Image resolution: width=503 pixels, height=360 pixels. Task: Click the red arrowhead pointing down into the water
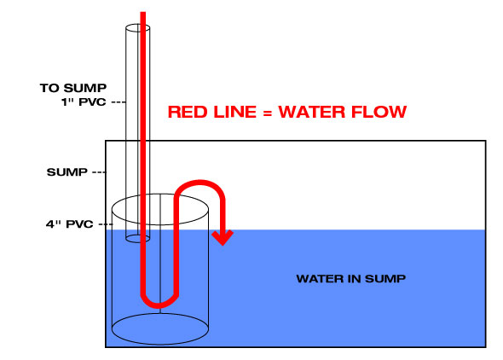[x=223, y=238]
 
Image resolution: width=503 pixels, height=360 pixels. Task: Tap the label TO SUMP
[x=73, y=88]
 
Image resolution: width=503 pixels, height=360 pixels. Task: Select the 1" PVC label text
[x=84, y=102]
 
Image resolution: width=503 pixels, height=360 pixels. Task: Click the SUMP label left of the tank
[x=67, y=172]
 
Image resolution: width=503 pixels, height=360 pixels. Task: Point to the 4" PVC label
[x=70, y=224]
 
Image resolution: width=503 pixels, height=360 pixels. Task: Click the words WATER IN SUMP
[x=351, y=278]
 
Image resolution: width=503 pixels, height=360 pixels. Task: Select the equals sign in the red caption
[x=267, y=113]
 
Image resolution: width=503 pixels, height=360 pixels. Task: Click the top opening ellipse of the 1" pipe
[x=137, y=24]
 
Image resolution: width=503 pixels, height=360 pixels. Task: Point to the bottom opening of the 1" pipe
[x=137, y=242]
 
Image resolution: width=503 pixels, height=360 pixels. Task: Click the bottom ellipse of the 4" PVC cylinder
[x=160, y=345]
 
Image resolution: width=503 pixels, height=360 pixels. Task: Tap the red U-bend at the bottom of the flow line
[x=159, y=304]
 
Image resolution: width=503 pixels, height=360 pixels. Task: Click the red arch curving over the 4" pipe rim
[x=199, y=183]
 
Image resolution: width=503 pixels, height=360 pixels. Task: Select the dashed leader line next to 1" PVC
[x=119, y=102]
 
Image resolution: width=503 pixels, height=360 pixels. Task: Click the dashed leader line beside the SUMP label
[x=99, y=172]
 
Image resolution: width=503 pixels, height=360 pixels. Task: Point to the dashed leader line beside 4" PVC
[x=106, y=224]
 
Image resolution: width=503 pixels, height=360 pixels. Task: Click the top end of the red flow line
[x=143, y=13]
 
